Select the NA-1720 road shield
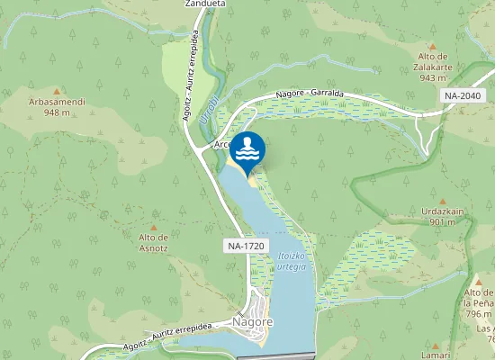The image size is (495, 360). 247,245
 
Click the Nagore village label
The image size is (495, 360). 252,322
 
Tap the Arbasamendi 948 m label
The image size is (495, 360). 58,107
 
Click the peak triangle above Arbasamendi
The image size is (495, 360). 58,91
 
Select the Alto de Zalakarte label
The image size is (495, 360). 433,66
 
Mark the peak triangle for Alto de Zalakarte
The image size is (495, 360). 433,46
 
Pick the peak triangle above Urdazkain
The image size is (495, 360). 443,202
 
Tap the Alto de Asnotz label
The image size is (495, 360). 154,242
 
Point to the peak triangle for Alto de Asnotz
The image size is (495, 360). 153,227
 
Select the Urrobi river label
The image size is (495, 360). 208,115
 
